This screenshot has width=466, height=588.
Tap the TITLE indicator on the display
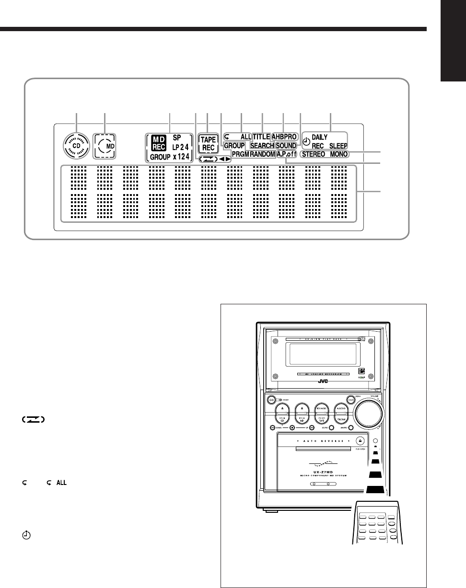[261, 137]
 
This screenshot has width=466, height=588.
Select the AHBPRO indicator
[285, 137]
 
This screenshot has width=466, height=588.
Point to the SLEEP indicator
[338, 145]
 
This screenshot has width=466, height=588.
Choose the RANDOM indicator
[262, 154]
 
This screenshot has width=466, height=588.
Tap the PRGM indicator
[239, 154]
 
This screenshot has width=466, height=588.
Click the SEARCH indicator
[262, 145]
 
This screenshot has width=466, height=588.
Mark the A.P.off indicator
[287, 154]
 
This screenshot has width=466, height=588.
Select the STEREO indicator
[314, 155]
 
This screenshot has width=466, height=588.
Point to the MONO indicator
[339, 155]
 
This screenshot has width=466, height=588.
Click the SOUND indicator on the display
[286, 145]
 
